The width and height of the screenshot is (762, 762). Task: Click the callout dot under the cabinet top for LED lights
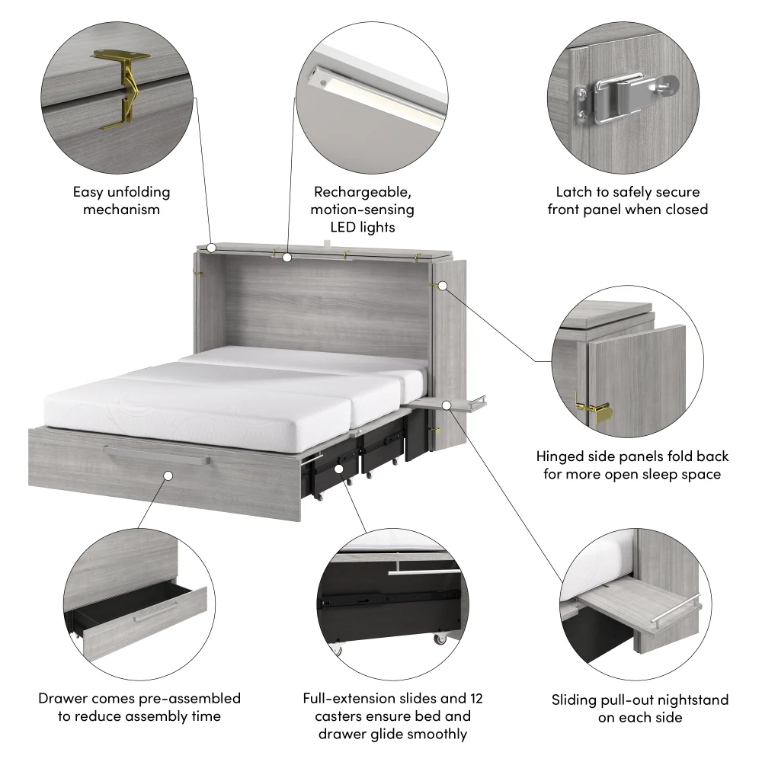pos(287,258)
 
